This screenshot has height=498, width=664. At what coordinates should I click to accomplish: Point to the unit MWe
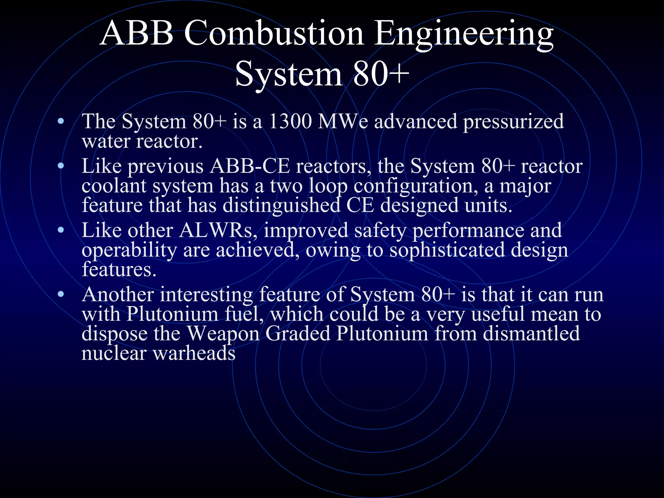(x=343, y=122)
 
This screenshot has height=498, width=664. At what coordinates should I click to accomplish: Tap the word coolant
(x=114, y=186)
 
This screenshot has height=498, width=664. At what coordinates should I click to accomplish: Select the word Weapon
(x=223, y=334)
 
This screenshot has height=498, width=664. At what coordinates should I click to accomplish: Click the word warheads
(x=194, y=353)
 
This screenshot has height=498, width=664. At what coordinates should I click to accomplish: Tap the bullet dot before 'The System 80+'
(x=61, y=122)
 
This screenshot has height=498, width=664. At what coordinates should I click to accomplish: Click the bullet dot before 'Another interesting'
(x=61, y=295)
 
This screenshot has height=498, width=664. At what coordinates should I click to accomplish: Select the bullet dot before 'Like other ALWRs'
(x=61, y=231)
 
